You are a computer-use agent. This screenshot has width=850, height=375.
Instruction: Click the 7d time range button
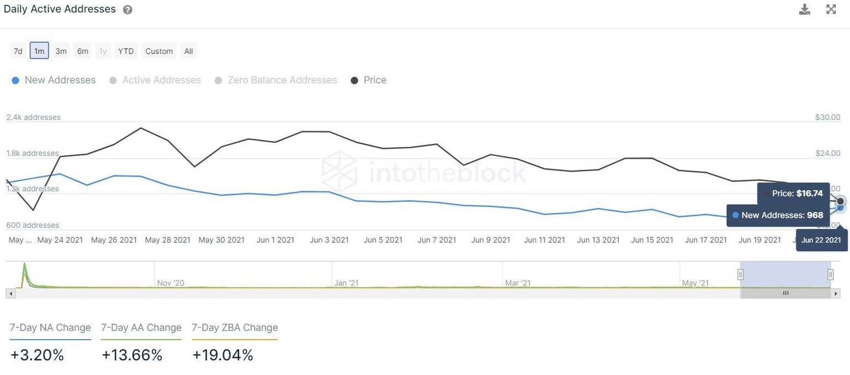click(x=18, y=51)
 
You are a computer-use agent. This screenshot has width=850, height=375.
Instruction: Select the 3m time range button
click(x=61, y=51)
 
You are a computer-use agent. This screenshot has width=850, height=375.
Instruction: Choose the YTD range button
click(x=126, y=51)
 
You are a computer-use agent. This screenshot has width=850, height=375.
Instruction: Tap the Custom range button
click(x=159, y=51)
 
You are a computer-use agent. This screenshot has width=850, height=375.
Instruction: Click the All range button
click(x=189, y=51)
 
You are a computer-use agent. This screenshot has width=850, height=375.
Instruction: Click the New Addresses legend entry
click(x=54, y=80)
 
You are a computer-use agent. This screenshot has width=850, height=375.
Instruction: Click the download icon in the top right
click(x=805, y=9)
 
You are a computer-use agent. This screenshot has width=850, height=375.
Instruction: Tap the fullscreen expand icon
click(x=831, y=9)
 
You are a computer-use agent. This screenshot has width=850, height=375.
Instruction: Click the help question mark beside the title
click(x=128, y=10)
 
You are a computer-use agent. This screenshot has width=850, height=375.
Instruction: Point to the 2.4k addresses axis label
click(x=33, y=117)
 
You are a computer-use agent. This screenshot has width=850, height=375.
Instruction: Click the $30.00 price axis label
click(x=827, y=117)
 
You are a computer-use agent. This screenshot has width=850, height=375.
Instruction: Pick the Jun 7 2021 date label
click(x=437, y=240)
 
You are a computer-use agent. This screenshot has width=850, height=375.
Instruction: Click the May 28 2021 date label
click(x=168, y=240)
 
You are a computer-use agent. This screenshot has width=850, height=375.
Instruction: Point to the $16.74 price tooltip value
click(x=810, y=194)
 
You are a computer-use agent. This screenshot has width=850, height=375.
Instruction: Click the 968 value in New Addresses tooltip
click(x=815, y=215)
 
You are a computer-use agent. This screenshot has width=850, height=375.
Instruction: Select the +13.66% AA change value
click(x=132, y=355)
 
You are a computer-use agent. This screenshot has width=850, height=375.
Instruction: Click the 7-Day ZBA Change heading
click(x=235, y=327)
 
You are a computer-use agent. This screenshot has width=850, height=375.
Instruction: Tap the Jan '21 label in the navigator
click(x=346, y=283)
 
